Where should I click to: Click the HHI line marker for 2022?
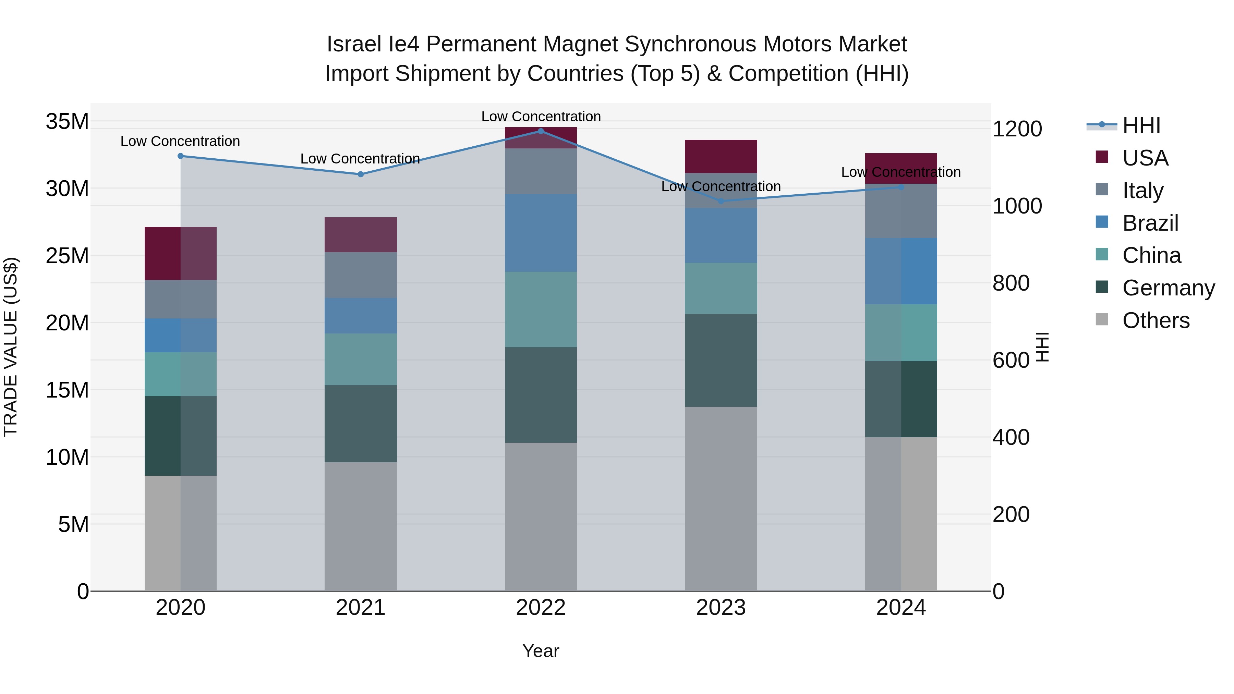pos(541,131)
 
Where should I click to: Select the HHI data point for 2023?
pos(721,201)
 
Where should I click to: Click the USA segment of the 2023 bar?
pos(721,157)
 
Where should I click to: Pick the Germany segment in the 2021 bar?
pos(361,424)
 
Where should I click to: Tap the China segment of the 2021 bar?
pos(361,359)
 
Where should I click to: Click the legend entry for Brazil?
pos(1150,223)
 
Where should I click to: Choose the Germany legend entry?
pos(1168,288)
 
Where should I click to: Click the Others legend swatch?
pos(1102,319)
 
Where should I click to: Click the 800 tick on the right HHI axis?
pos(1011,283)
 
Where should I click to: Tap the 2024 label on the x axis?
pos(900,608)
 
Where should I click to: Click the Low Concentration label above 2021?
pos(360,159)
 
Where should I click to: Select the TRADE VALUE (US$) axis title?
pos(11,347)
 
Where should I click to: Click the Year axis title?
pos(541,651)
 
